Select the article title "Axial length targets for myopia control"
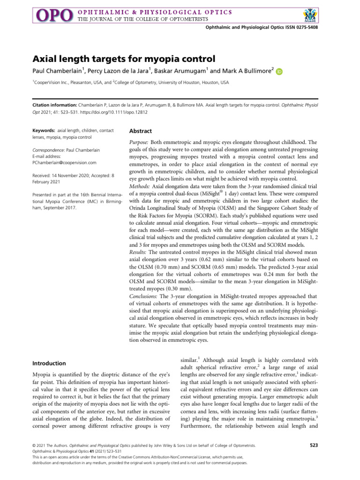117,59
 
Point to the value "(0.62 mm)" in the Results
222,272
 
